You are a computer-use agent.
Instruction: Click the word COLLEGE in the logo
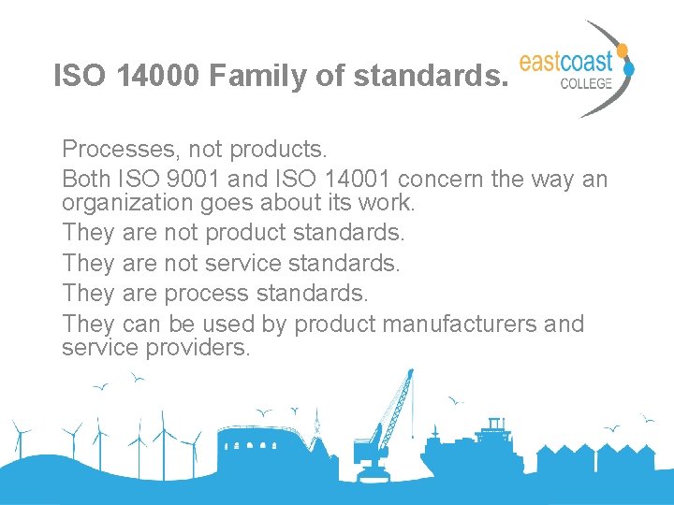pos(586,82)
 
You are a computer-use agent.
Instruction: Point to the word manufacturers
pos(458,324)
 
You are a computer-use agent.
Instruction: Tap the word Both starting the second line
pos(86,179)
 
